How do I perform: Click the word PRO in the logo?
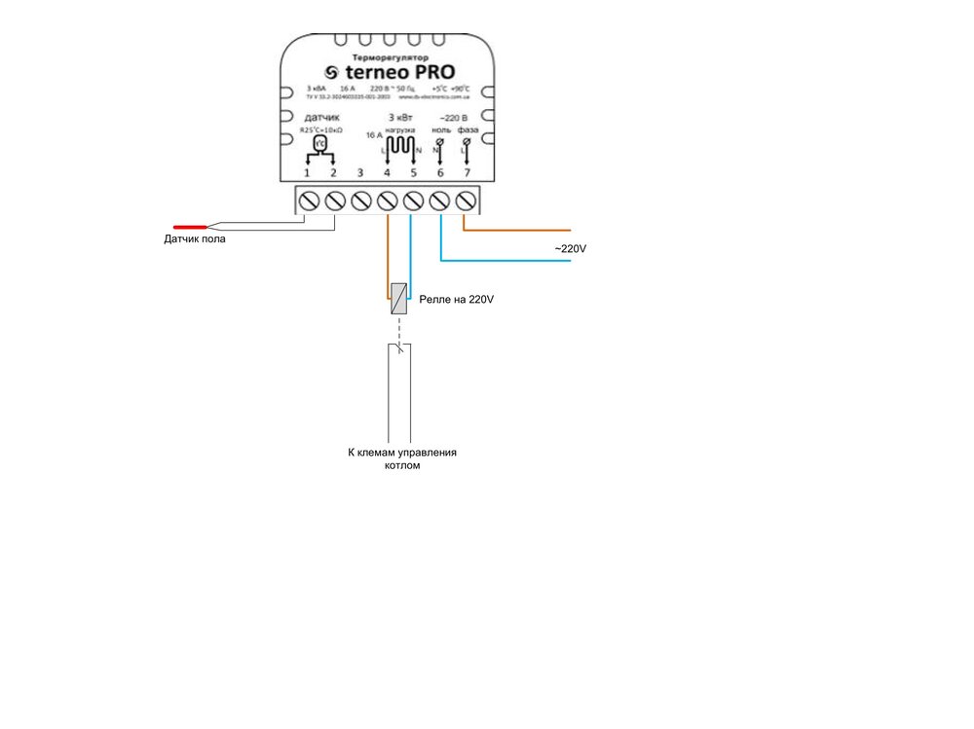[x=423, y=72]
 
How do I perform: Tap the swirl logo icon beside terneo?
[x=331, y=73]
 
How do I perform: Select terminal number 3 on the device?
[x=360, y=173]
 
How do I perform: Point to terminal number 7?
[x=467, y=173]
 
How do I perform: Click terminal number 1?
[x=308, y=173]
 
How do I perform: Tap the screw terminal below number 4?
[x=388, y=201]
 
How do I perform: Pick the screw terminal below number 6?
[x=440, y=201]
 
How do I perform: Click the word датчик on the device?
[x=321, y=118]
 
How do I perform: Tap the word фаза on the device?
[x=467, y=129]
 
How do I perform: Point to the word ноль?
[x=441, y=129]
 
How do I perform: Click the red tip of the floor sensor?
[x=191, y=227]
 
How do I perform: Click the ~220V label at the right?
[x=571, y=249]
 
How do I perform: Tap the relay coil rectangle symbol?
[x=398, y=298]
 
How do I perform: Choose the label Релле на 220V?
[x=456, y=301]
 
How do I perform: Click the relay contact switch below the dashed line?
[x=399, y=346]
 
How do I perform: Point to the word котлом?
[x=402, y=466]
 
